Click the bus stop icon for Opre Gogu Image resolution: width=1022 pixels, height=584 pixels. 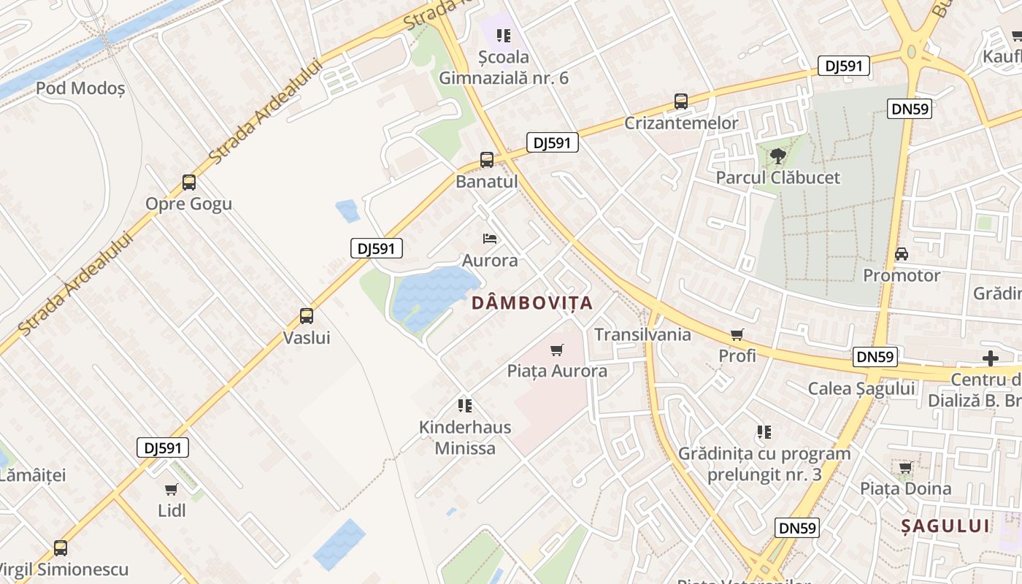[189, 182]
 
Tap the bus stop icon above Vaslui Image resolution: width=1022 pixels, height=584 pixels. [307, 316]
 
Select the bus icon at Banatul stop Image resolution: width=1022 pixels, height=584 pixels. [487, 160]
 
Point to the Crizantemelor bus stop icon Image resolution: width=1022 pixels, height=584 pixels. [681, 101]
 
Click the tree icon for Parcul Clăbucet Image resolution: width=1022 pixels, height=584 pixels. [778, 155]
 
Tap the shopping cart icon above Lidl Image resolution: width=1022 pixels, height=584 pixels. [172, 489]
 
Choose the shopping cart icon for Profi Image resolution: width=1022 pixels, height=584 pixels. [737, 334]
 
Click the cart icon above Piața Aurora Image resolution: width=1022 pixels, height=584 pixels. [557, 350]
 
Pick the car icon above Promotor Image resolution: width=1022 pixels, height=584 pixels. [902, 254]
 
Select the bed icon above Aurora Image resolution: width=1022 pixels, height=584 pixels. [490, 239]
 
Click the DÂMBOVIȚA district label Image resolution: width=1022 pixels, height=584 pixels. [531, 303]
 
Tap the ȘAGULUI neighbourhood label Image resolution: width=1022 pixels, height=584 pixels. [945, 526]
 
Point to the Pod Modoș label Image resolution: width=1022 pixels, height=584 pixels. [80, 88]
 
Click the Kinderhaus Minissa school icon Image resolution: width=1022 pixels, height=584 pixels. [464, 406]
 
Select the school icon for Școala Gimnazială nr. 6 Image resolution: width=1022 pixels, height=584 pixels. [503, 35]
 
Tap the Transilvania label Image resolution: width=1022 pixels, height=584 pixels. [642, 334]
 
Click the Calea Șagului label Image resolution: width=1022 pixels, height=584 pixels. [861, 388]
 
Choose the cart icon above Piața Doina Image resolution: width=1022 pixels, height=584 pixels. [906, 467]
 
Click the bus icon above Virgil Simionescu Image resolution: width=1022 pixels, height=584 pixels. [61, 547]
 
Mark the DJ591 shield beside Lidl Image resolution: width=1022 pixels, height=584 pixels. [163, 447]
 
